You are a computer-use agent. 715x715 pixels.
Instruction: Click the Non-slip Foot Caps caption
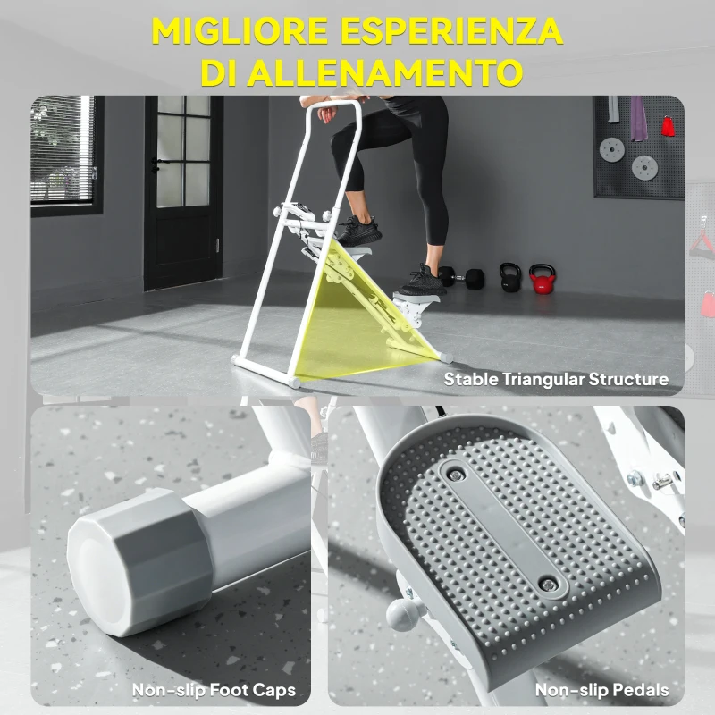tap(214, 689)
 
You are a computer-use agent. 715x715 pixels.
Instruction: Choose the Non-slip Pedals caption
tap(601, 689)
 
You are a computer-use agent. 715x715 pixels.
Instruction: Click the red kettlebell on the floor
tap(542, 279)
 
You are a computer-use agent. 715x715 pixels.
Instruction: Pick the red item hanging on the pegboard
tap(668, 124)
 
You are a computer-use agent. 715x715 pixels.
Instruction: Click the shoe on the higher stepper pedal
tap(358, 230)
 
